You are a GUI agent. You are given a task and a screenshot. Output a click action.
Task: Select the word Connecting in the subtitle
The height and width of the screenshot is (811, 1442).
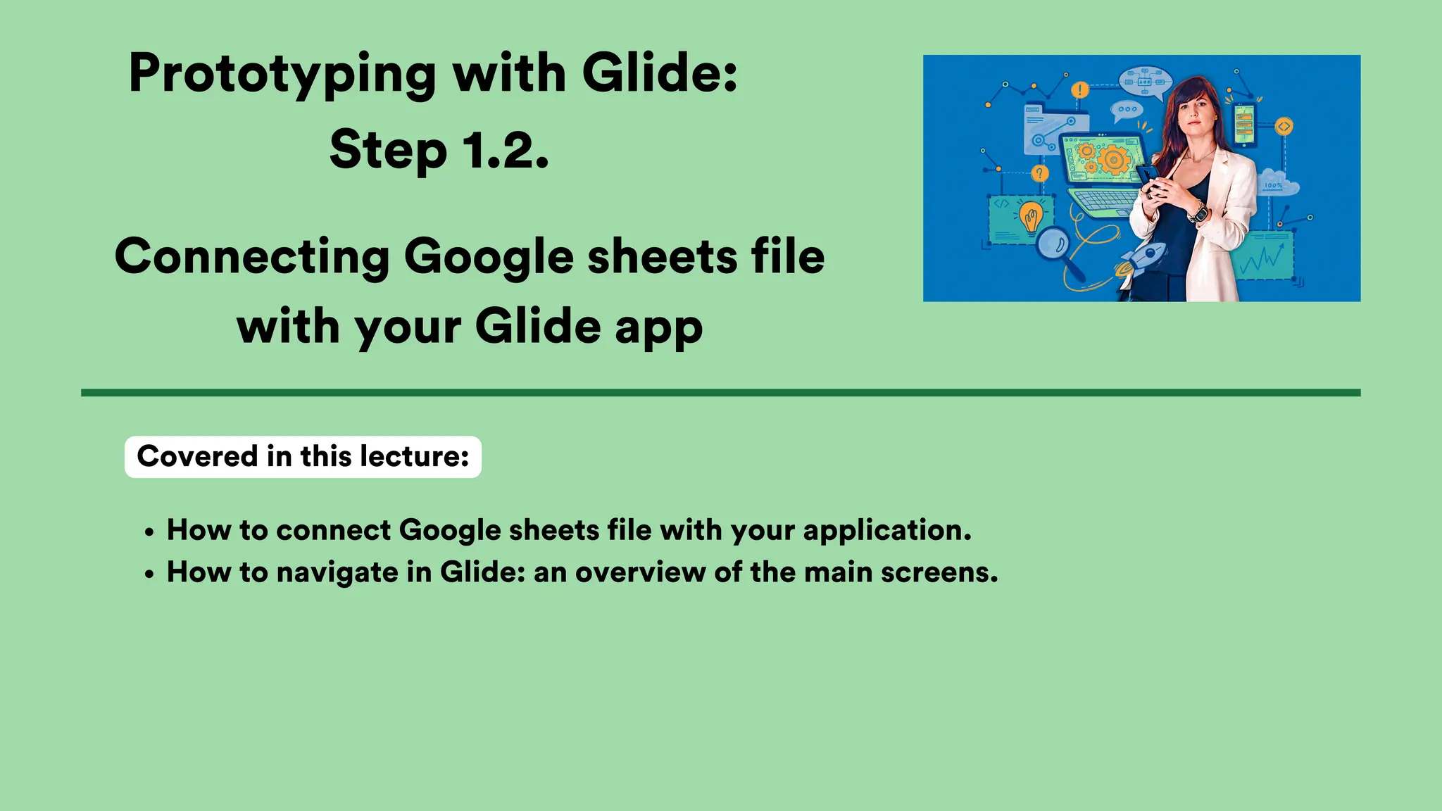tap(252, 256)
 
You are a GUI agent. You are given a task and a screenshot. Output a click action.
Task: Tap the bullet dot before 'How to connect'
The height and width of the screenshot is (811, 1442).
tap(149, 533)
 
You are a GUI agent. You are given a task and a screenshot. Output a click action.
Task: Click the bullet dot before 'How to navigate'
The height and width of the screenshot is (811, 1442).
tap(149, 575)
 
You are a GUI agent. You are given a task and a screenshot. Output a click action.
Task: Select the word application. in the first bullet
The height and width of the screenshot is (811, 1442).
tap(887, 530)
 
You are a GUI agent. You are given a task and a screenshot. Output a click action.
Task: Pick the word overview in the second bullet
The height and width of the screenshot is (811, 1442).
tap(640, 572)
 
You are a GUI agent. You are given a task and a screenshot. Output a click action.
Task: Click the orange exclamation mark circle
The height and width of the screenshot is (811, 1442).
tap(1079, 90)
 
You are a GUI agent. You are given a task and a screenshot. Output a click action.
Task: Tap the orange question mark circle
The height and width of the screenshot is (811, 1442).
tap(1039, 173)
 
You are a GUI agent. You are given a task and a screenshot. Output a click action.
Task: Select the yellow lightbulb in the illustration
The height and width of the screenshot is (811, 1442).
tap(1032, 217)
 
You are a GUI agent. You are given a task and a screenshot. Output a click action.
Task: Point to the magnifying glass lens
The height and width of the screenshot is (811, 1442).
tap(1054, 244)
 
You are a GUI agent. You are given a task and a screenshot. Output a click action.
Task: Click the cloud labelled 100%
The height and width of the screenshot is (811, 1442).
tap(1275, 184)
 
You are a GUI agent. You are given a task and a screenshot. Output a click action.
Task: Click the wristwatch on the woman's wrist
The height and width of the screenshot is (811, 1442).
tap(1198, 212)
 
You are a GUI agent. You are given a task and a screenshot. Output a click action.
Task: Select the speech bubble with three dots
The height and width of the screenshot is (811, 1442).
tap(1127, 110)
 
